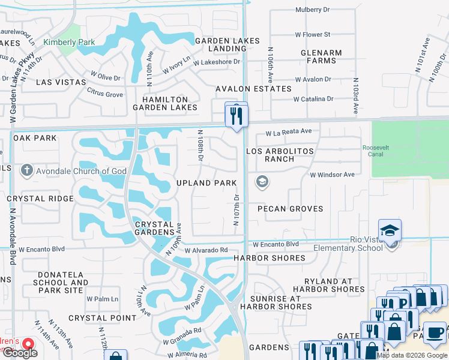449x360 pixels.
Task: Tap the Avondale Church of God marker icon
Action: [x=26, y=172]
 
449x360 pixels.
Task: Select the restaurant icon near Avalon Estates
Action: [x=236, y=113]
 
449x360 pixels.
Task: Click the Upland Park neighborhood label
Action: [x=206, y=182]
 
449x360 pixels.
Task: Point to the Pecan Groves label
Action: [x=290, y=209]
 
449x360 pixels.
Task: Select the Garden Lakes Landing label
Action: [x=228, y=45]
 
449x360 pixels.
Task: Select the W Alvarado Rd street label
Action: [x=206, y=250]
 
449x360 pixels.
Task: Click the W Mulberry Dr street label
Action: [x=313, y=10]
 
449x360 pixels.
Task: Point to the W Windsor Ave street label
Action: [x=332, y=175]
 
